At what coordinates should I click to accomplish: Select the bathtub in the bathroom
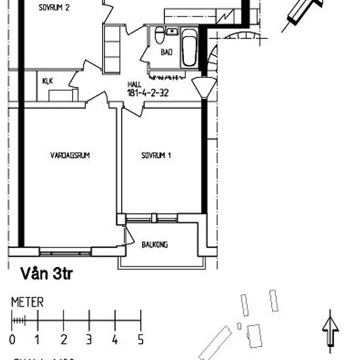coord(189,48)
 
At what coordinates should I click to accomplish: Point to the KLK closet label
coord(47,81)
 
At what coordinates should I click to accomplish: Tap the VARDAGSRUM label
coord(69,156)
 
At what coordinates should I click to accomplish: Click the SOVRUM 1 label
coord(156,156)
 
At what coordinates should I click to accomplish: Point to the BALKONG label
coord(154,245)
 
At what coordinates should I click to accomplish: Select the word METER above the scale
coord(27,302)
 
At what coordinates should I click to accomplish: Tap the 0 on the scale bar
coord(12,340)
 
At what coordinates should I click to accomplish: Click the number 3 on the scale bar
coord(89,340)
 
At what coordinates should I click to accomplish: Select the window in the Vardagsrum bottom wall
coord(65,252)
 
